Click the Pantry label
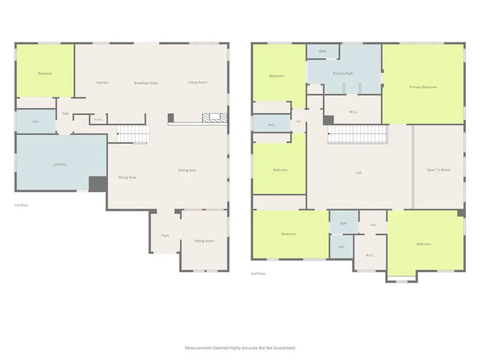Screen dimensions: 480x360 (x=98, y=120)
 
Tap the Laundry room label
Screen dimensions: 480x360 (x=60, y=164)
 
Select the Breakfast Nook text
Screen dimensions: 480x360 (x=146, y=83)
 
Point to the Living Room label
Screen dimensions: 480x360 (x=198, y=83)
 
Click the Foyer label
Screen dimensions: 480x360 (x=165, y=236)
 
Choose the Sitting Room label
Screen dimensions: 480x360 (x=204, y=241)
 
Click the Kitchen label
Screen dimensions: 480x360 (x=102, y=83)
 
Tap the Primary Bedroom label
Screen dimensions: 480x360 (x=423, y=87)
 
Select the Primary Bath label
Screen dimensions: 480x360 (x=343, y=73)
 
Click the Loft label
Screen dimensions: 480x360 (x=359, y=173)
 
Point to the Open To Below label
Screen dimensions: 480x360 (x=439, y=170)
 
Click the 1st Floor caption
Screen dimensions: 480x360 (x=22, y=205)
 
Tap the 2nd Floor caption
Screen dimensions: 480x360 (x=258, y=274)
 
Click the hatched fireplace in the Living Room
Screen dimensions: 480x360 (x=215, y=118)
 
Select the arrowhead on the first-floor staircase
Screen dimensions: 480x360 (x=118, y=134)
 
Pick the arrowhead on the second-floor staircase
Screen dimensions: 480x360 (x=329, y=134)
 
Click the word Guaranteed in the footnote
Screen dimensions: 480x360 (x=286, y=348)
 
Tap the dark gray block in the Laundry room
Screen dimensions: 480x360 (x=98, y=184)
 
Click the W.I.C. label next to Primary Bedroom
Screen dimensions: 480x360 (x=354, y=112)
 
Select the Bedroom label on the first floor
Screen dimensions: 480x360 (x=45, y=73)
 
